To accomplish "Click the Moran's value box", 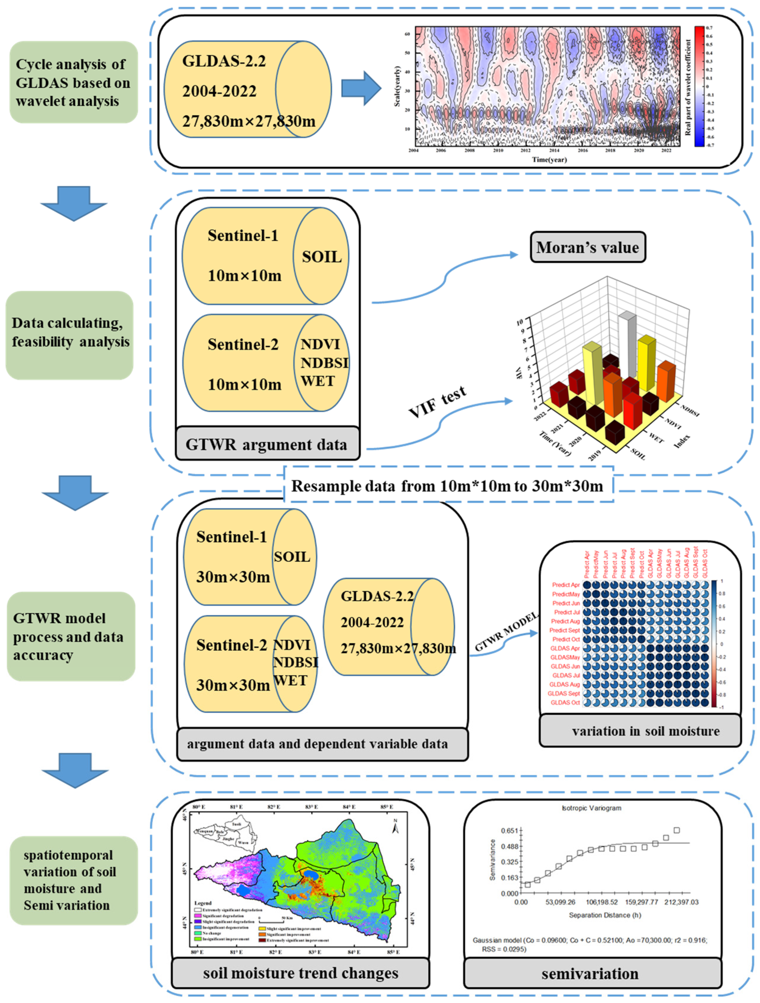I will (588, 247).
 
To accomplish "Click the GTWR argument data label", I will (267, 444).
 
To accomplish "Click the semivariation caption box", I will (590, 973).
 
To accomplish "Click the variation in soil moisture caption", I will (645, 731).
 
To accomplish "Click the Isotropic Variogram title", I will (591, 808).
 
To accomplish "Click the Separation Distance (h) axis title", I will (605, 915).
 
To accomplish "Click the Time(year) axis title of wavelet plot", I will (549, 160).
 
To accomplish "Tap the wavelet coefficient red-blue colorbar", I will (699, 86).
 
